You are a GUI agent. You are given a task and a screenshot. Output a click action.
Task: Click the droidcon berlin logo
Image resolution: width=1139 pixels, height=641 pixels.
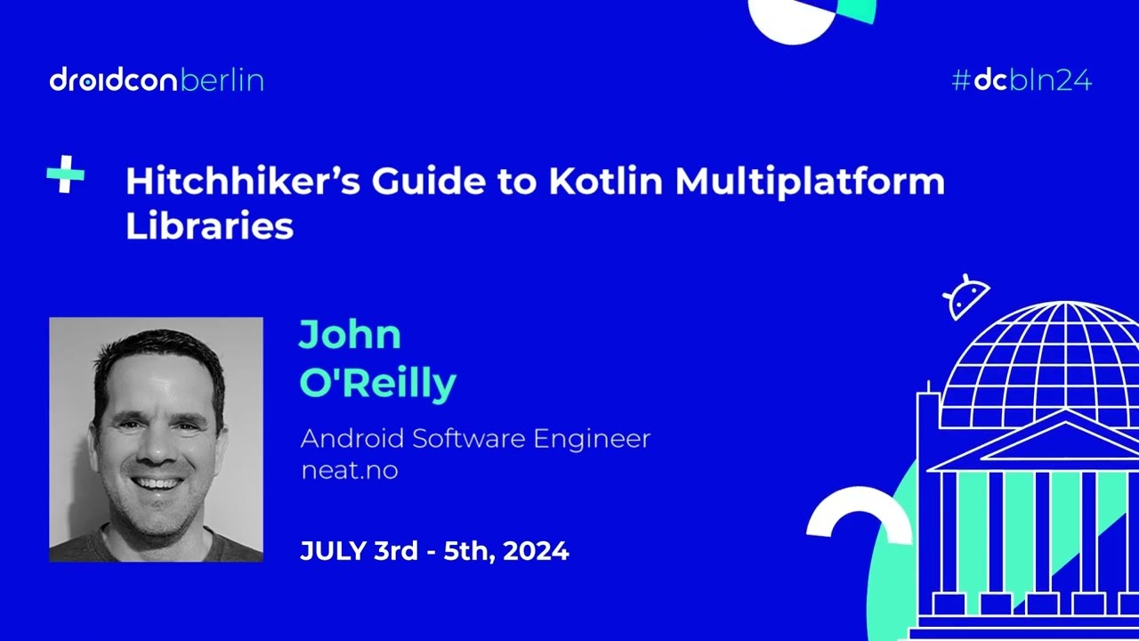coord(157,81)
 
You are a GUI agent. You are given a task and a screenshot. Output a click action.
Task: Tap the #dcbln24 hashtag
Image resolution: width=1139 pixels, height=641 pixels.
coord(1022,81)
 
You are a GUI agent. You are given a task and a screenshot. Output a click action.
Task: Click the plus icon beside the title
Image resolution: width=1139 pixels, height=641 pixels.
coord(65,174)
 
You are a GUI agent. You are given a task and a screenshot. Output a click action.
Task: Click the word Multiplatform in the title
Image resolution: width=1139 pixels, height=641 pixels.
coord(810,183)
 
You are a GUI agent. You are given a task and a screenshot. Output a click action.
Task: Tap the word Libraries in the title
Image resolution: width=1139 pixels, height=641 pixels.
coord(209,226)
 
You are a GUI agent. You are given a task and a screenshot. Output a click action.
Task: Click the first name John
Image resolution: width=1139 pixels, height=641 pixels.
coord(350,335)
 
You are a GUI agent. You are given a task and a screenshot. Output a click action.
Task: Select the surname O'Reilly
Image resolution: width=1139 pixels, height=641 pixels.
coord(377,382)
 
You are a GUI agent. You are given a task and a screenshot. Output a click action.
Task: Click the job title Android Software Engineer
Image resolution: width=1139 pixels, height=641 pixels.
coord(475,439)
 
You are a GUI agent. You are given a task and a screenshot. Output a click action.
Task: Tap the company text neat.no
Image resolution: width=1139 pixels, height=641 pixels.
coord(349,470)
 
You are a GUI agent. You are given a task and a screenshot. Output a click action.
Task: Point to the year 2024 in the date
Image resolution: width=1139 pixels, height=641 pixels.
coord(535,551)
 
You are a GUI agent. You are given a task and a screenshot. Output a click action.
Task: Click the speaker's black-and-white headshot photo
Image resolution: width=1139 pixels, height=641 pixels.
coord(156,439)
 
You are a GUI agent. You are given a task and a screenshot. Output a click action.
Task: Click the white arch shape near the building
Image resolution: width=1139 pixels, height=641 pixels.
coord(859,516)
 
